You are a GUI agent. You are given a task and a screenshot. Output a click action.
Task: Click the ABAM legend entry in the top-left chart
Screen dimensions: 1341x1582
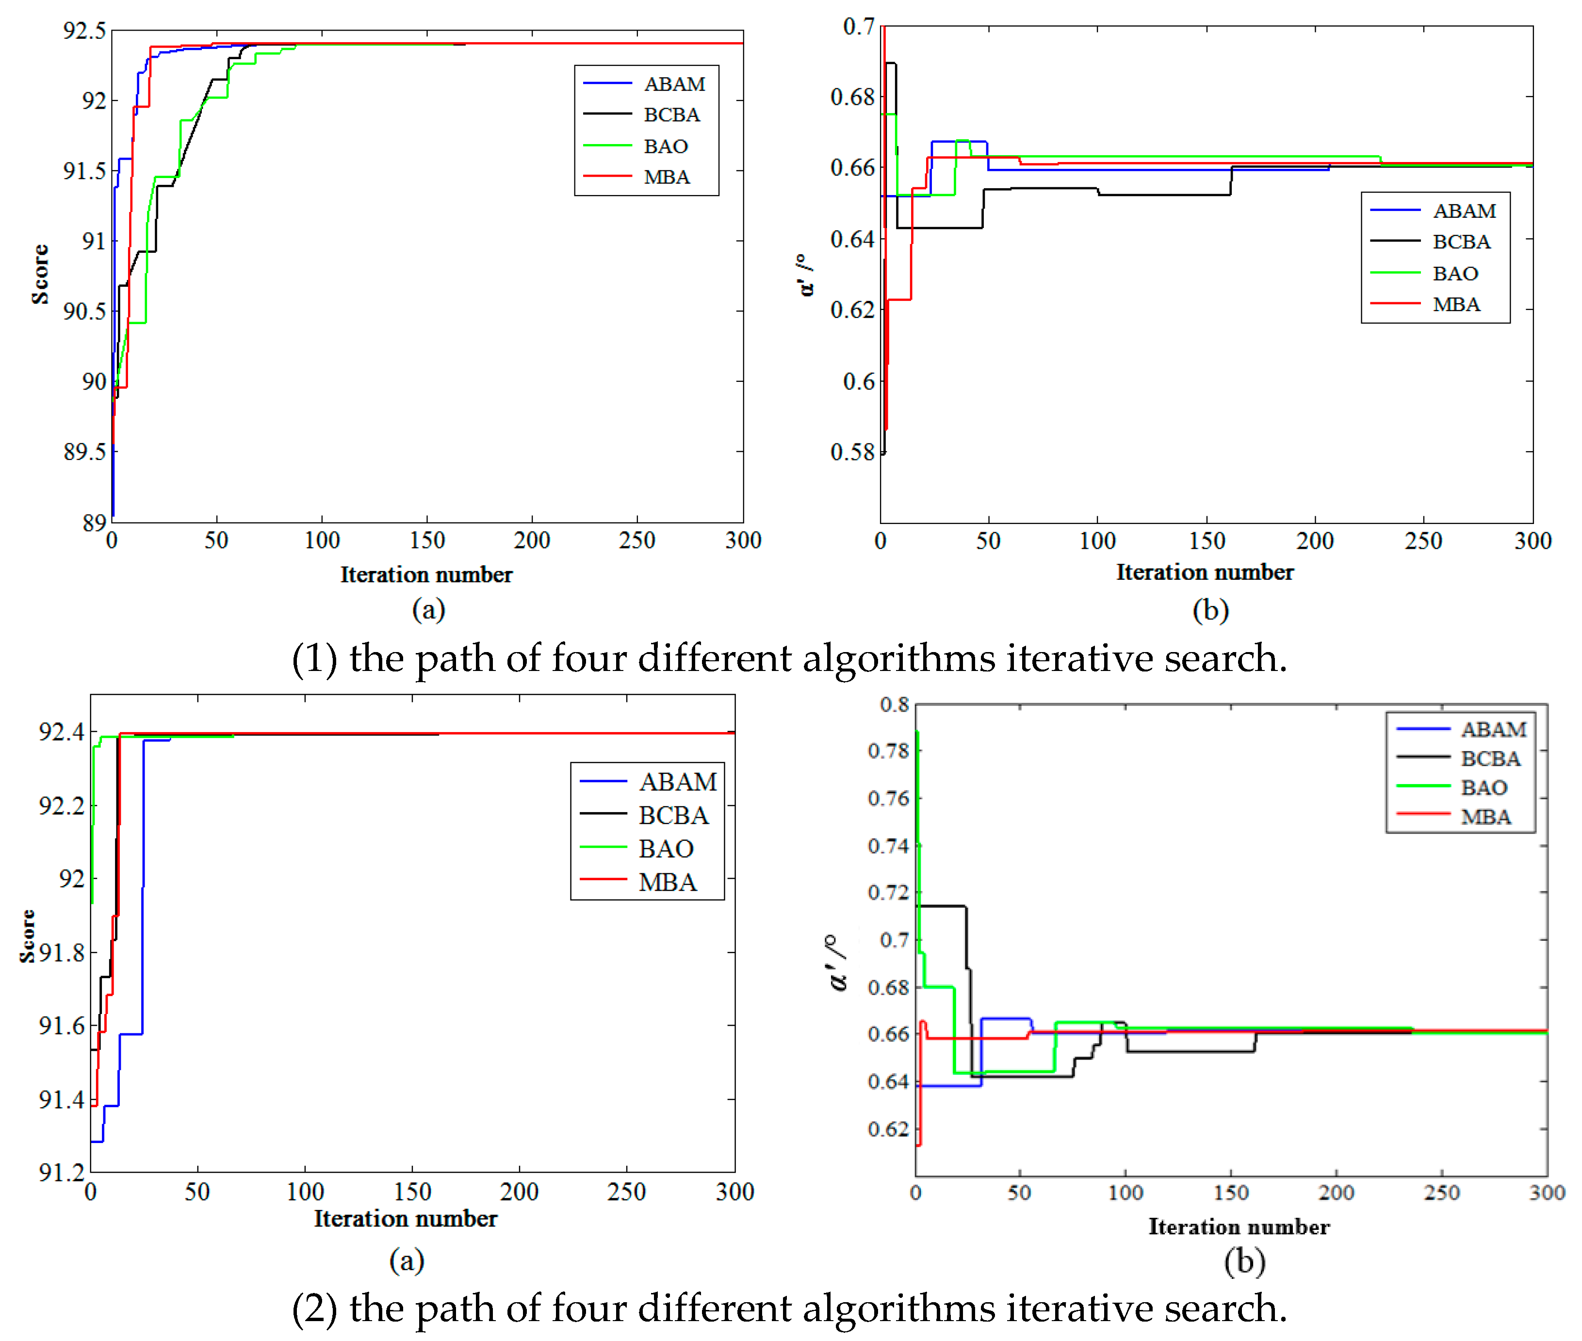[673, 83]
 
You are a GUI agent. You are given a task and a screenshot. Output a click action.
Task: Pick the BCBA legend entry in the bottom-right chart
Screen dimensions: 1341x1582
[1489, 759]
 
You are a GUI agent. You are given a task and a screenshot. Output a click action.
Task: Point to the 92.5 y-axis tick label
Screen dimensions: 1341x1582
[84, 31]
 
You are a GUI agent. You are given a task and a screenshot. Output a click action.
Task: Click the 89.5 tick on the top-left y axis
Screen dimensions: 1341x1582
[84, 452]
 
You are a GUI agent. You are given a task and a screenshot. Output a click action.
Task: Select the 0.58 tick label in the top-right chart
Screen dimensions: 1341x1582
[852, 452]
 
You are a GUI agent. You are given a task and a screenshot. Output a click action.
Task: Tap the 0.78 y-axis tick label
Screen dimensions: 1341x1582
[888, 751]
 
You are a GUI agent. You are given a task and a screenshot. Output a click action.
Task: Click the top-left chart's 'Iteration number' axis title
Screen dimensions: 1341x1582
[426, 575]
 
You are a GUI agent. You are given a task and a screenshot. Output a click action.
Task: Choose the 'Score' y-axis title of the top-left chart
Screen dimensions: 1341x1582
[39, 275]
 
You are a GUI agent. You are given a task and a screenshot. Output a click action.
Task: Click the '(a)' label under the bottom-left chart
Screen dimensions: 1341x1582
[406, 1260]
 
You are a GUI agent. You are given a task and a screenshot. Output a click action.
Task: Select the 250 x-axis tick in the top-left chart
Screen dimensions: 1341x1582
[636, 540]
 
